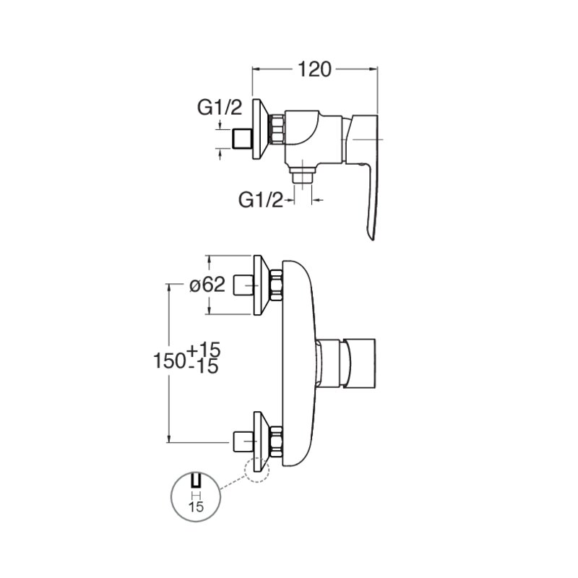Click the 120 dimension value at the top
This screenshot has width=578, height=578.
pyautogui.click(x=314, y=69)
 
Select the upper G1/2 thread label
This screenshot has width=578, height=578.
pyautogui.click(x=220, y=108)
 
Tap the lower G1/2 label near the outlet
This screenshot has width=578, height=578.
pyautogui.click(x=261, y=200)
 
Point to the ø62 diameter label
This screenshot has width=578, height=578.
pyautogui.click(x=207, y=285)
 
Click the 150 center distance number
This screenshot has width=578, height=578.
pyautogui.click(x=170, y=360)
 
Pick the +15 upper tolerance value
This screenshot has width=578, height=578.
pyautogui.click(x=204, y=350)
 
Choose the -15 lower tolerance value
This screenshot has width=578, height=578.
pyautogui.click(x=205, y=367)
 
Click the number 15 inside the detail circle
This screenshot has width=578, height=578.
pyautogui.click(x=196, y=507)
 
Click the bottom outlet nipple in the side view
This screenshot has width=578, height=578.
pyautogui.click(x=303, y=175)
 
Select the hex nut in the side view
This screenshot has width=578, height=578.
pyautogui.click(x=278, y=129)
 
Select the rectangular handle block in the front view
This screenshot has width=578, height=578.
pyautogui.click(x=360, y=363)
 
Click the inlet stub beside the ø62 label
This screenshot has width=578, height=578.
pyautogui.click(x=243, y=285)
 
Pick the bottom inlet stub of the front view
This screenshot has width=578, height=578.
pyautogui.click(x=243, y=441)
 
